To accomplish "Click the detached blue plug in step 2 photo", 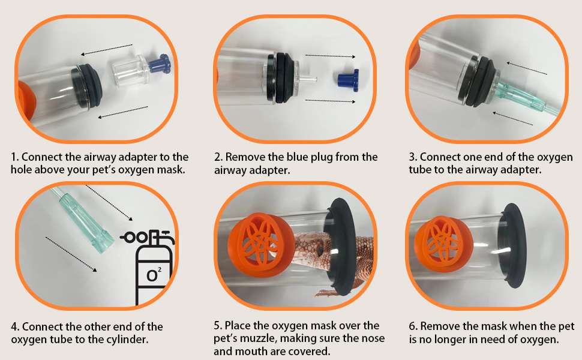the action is point(349,79).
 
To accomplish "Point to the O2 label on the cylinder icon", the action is point(154,275).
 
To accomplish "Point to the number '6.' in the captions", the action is point(413,326).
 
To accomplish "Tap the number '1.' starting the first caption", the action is point(14,157).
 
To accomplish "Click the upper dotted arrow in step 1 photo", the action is point(107,50).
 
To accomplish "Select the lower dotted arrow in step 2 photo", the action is point(330,101).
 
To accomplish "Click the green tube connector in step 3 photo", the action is point(520,96).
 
